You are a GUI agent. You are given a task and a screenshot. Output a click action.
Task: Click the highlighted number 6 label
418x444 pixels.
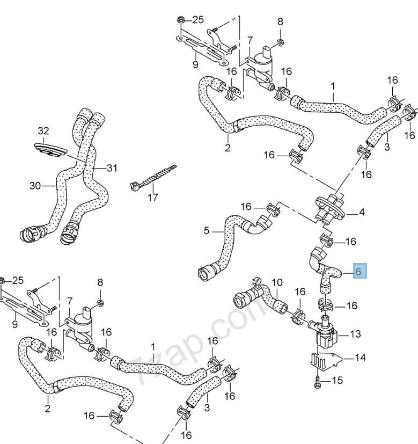tap(358, 271)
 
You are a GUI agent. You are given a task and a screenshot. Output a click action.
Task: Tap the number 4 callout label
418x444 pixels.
tap(362, 213)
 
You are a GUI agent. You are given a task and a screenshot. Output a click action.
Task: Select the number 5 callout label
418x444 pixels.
tap(207, 232)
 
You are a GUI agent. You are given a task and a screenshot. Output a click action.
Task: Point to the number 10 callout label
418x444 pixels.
tap(276, 282)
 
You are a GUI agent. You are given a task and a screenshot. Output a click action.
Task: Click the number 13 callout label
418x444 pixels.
tap(356, 334)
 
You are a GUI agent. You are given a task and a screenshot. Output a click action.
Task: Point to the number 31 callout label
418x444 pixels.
tap(111, 168)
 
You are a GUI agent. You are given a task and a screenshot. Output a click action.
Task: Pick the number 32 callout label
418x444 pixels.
tap(43, 130)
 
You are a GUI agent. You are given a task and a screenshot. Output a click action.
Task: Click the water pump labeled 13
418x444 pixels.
tap(325, 336)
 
